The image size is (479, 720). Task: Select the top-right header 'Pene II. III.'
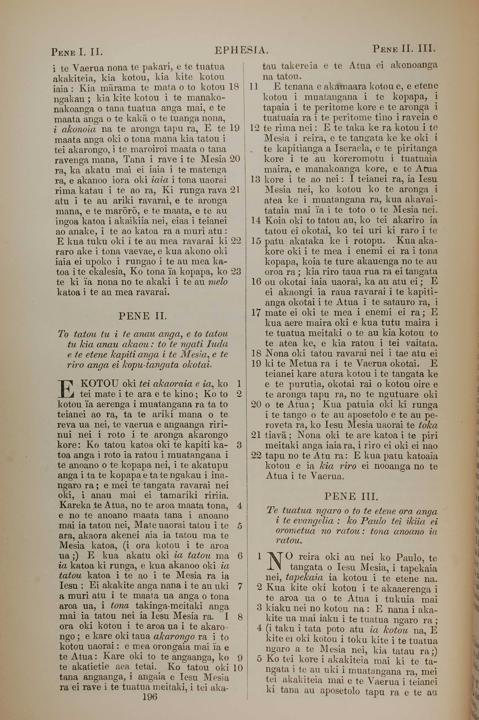[404, 49]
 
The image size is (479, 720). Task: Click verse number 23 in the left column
[236, 272]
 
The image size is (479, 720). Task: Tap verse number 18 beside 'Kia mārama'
[234, 87]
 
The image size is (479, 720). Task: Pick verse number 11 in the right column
[254, 86]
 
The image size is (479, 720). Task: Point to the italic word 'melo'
[217, 282]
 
